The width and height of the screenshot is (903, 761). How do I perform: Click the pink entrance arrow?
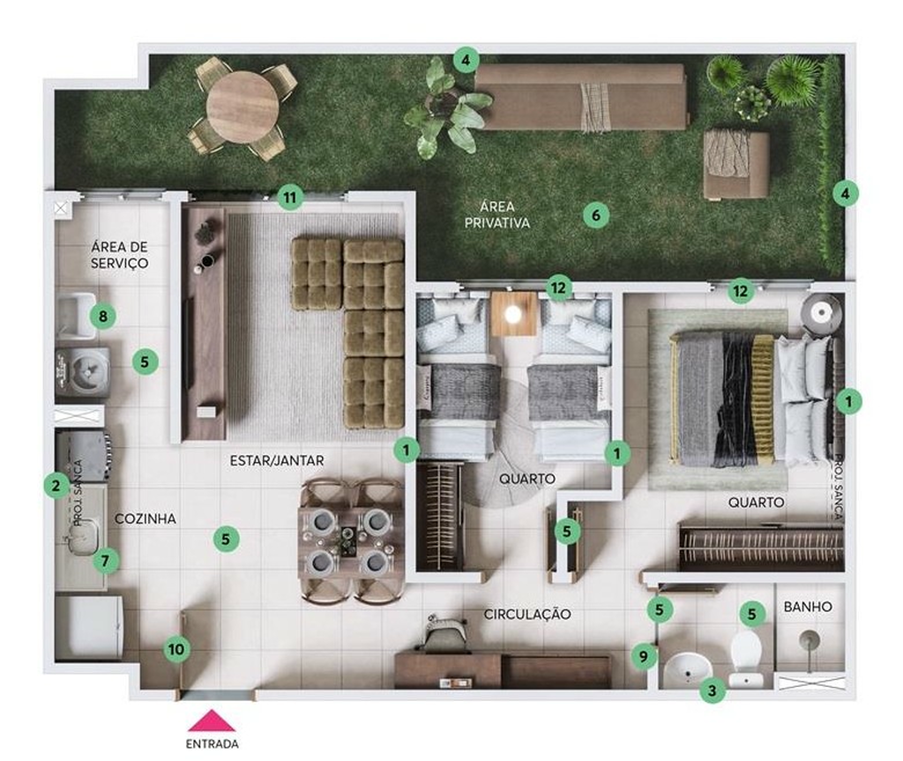point(212,720)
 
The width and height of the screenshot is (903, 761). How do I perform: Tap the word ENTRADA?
point(212,743)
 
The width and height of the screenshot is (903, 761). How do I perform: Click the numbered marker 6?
point(596,215)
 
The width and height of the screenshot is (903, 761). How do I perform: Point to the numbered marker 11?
point(290,198)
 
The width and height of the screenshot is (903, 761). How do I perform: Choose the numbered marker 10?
point(176,649)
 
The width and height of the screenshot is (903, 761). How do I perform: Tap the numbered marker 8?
point(103,316)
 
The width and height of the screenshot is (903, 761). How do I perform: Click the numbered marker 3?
point(713,690)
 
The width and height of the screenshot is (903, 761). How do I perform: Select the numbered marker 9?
point(644,655)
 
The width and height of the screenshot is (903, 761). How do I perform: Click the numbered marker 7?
point(105,561)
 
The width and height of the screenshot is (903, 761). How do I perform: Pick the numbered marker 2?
point(56,486)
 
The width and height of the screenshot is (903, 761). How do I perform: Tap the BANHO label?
point(808,607)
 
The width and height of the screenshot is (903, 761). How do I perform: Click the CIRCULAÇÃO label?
point(527,614)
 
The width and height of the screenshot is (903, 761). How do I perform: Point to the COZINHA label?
point(146,519)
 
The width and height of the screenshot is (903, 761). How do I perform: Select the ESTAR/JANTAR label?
point(276,460)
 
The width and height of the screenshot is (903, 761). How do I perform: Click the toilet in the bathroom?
point(746,658)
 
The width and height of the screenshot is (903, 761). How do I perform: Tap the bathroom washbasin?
point(688,670)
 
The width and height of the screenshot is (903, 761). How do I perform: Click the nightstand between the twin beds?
point(514,313)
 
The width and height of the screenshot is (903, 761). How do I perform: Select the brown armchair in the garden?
point(736,164)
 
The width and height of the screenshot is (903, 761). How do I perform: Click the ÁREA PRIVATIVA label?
point(497,214)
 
